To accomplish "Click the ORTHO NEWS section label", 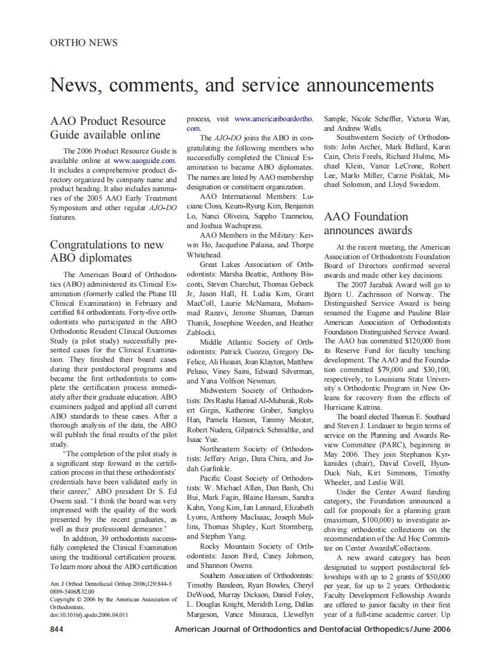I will point(84,43).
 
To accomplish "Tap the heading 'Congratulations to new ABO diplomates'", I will point(107,251).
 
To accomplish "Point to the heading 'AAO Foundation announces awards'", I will point(368,223).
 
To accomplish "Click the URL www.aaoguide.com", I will point(144,160).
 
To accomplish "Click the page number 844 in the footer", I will point(57,629).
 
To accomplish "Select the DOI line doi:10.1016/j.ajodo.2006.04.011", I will point(89,614).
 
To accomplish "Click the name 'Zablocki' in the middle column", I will point(201,332).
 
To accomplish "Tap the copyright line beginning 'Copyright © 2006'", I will point(113,599).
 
